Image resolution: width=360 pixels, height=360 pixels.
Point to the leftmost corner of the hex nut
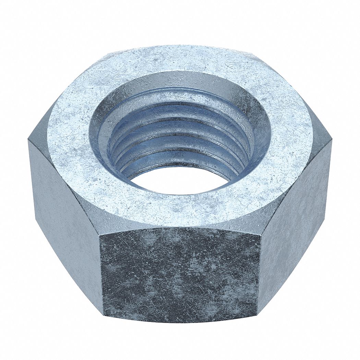[x=28, y=141]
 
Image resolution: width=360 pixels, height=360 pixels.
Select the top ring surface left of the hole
[x=67, y=137]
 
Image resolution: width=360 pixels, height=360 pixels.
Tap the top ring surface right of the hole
[x=291, y=137]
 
